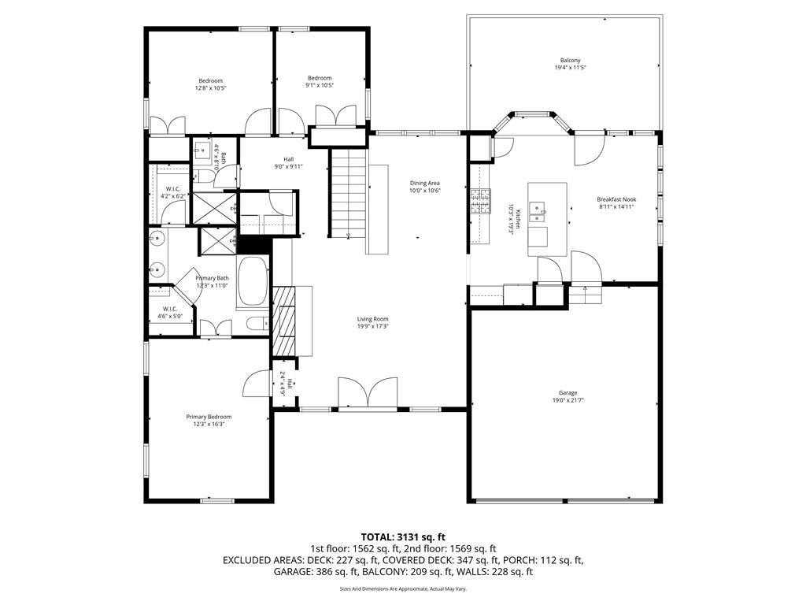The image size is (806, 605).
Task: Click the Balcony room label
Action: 571,61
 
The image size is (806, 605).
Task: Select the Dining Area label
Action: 424,183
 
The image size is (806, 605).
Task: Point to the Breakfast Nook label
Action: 616,199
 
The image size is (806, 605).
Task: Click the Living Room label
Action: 373,319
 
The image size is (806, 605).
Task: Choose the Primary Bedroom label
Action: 209,417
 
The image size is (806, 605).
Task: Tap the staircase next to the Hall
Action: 347,193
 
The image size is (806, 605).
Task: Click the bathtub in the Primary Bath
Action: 253,281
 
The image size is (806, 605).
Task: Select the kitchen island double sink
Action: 539,209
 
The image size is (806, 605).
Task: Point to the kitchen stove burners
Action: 479,202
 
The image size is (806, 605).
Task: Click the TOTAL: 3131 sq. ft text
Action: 403,536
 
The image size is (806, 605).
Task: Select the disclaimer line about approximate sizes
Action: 403,588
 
